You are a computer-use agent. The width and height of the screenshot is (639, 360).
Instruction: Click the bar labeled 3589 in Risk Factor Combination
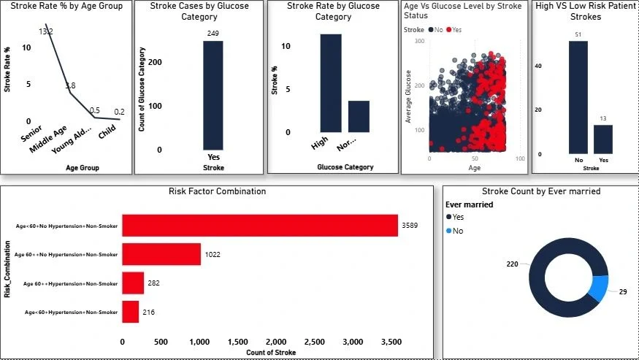point(259,226)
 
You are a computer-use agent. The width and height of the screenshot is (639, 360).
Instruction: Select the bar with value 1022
point(161,254)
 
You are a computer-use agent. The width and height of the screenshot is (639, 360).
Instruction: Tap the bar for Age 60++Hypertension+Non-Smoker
point(133,283)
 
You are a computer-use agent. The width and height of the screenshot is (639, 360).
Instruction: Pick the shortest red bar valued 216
point(130,312)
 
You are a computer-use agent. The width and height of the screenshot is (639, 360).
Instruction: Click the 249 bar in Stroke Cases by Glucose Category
point(213,95)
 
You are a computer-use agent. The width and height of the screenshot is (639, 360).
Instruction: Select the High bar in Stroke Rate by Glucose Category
point(330,83)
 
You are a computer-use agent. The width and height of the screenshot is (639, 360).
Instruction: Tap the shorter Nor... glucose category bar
point(358,116)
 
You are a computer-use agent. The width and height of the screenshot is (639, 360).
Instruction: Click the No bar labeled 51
point(578,97)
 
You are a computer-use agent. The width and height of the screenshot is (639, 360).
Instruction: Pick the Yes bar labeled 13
point(603,139)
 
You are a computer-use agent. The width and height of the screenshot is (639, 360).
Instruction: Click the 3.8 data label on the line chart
point(70,85)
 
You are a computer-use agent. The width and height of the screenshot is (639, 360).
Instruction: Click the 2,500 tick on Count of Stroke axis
point(276,341)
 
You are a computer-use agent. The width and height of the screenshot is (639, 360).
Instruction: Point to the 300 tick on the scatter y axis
point(419,42)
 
